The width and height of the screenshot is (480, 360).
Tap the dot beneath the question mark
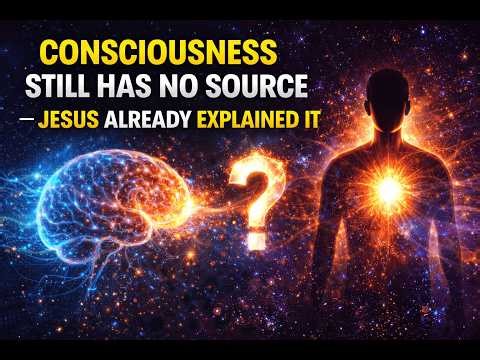[x=256, y=239]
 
